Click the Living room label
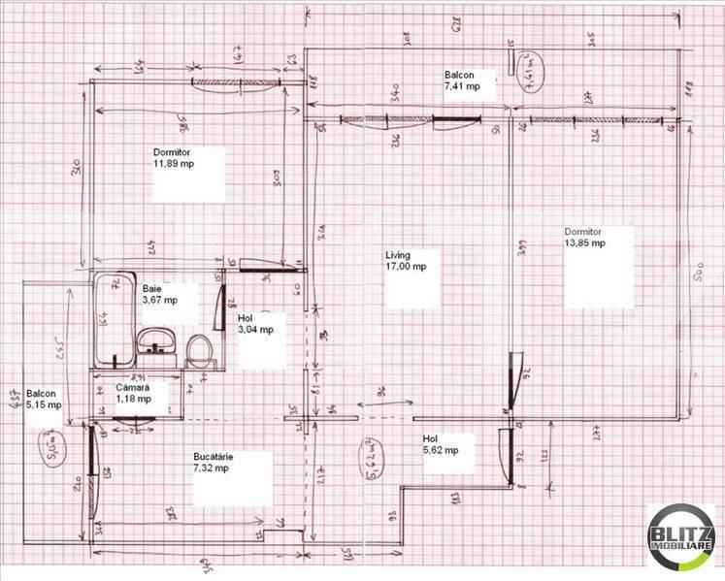tap(398, 253)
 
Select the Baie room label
tap(152, 289)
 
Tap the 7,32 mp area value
tap(211, 468)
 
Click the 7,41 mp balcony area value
tap(463, 86)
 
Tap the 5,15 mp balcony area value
tap(44, 404)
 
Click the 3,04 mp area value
tap(255, 329)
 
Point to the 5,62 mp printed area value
tap(441, 450)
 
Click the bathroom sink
tap(155, 340)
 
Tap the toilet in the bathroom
tap(199, 350)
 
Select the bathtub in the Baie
tap(114, 320)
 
